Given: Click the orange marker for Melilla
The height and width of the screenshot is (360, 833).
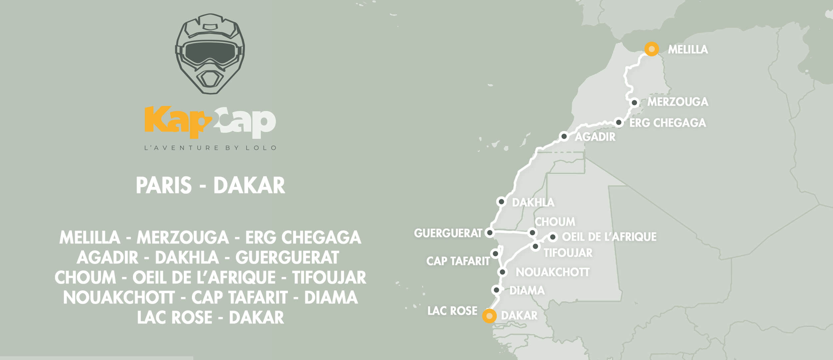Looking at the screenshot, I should click(651, 49).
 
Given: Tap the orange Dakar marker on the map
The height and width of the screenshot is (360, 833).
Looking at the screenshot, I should click(489, 316).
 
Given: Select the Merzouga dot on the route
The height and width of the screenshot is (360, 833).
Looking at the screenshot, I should click(634, 103).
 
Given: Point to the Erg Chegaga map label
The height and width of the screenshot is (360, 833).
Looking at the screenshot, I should click(667, 123).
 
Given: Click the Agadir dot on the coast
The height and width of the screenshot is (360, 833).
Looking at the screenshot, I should click(564, 136).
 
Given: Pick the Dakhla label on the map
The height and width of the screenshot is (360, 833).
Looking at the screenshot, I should click(533, 202).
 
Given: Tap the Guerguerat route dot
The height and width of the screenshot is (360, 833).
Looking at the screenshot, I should click(489, 232).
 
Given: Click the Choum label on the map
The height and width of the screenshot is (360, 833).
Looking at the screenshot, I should click(555, 222).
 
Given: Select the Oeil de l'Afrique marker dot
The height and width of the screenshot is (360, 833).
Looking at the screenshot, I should click(552, 237).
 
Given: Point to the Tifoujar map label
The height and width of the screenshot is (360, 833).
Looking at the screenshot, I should click(568, 253).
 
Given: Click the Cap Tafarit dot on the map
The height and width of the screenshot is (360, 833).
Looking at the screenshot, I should click(495, 254).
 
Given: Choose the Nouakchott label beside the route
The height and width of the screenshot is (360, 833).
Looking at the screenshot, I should click(552, 272).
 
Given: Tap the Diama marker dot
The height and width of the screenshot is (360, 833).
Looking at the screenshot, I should click(496, 290).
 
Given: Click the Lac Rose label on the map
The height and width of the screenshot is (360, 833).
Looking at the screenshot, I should click(452, 311).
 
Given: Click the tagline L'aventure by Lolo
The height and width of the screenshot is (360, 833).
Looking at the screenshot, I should click(210, 148).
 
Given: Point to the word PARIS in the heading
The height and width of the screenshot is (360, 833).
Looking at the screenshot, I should click(164, 185).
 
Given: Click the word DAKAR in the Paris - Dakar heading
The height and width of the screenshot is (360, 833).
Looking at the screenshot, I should click(249, 185).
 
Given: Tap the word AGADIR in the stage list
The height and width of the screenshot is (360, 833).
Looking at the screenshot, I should click(107, 258).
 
